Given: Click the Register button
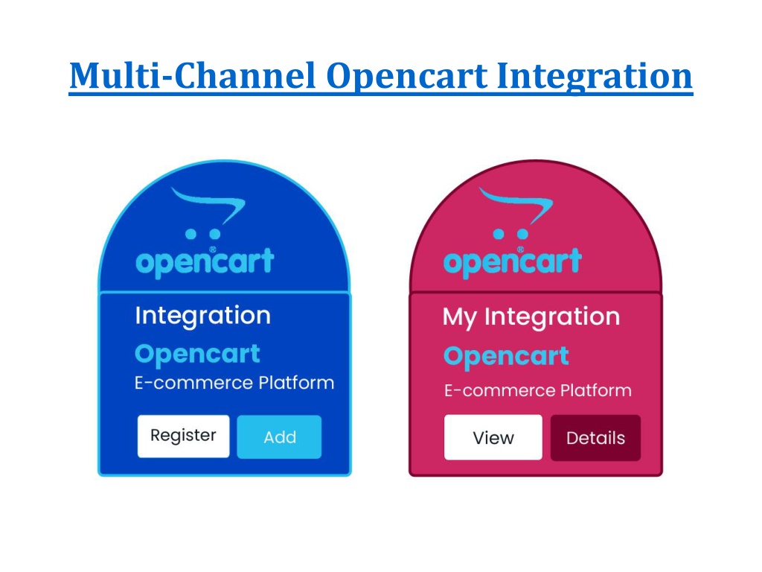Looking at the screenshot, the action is pos(183,436).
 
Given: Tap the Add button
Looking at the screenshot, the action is pos(279,436).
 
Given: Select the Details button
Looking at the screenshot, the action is pos(595,438).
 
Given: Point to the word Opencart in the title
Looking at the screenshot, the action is pos(407,77).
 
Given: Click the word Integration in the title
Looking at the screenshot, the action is pos(595,77).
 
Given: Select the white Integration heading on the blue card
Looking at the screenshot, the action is pos(202,316).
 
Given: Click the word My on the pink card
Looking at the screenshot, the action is pos(459,317).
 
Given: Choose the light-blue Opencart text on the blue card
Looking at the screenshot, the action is pos(197,355).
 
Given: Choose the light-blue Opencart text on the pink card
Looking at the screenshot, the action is pos(506,357).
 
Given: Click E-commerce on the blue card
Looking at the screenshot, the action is pos(193,383).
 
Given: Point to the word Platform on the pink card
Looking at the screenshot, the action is pos(596,390).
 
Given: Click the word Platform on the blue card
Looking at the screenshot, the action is pos(296,383).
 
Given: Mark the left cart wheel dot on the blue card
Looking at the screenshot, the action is pos(191,235).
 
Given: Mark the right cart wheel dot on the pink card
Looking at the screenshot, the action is pos(522,235).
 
